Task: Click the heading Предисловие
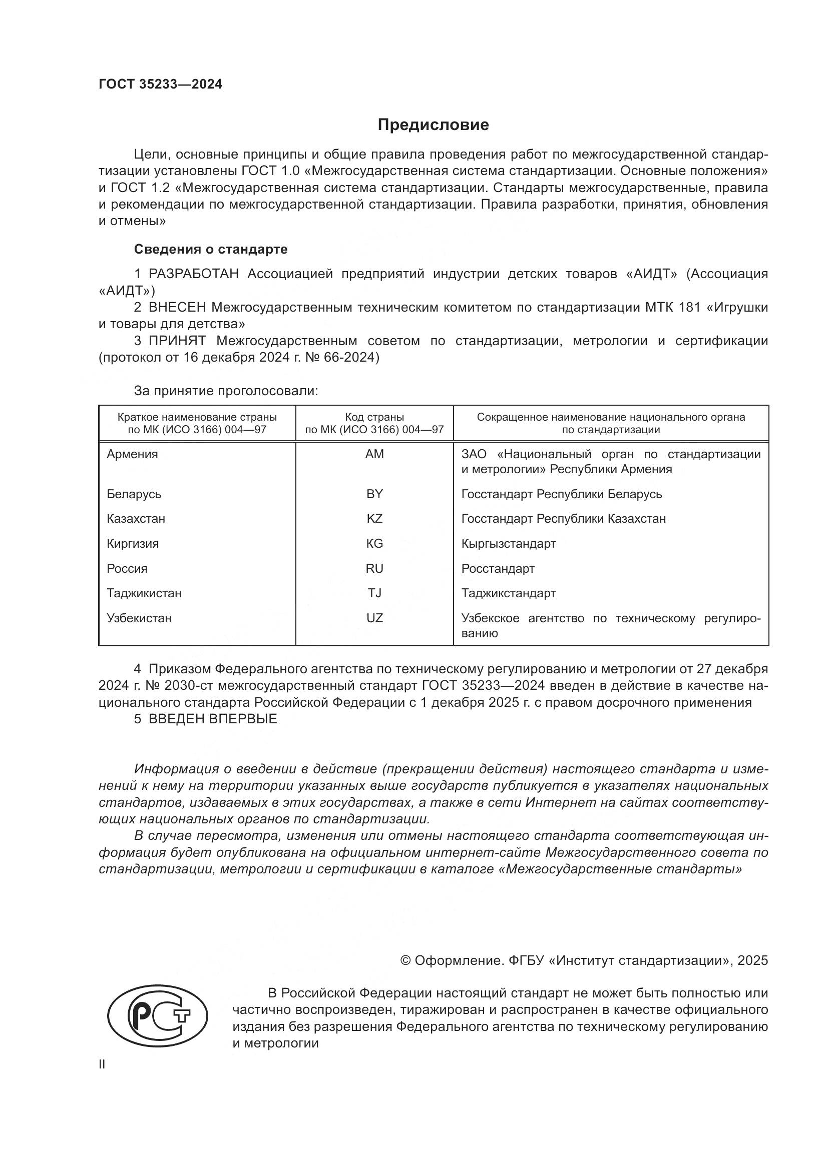click(433, 125)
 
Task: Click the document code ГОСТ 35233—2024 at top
click(160, 85)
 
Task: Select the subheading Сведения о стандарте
click(211, 249)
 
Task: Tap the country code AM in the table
click(374, 454)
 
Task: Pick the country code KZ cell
click(374, 519)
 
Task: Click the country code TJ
click(374, 593)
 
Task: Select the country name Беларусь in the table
click(134, 494)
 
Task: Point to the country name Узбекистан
click(139, 618)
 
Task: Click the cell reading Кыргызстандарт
click(508, 544)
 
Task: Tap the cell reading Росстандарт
click(498, 569)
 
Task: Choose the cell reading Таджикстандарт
click(508, 593)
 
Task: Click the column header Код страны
click(374, 417)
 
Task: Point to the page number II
click(102, 1064)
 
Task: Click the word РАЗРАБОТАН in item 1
click(193, 274)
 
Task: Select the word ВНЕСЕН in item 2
click(177, 307)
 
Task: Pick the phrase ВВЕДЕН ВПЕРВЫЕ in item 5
click(213, 719)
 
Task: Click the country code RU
click(374, 569)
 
